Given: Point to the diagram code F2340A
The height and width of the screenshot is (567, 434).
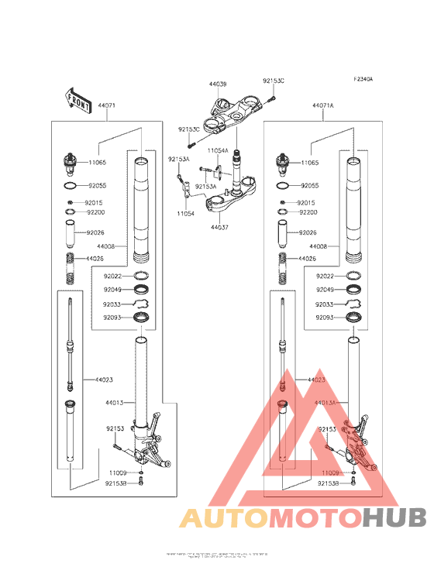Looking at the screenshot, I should (x=363, y=79).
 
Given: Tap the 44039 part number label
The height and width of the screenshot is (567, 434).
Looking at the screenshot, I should (x=217, y=83).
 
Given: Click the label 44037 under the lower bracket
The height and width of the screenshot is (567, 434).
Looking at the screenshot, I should (x=219, y=228).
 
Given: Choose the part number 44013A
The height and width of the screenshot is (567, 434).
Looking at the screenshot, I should (x=325, y=403).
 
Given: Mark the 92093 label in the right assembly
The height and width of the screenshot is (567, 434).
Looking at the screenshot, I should (x=325, y=318).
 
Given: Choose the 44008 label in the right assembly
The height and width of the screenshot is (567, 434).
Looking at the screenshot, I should (x=325, y=246).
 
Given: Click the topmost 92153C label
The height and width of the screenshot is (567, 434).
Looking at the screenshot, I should (x=273, y=81).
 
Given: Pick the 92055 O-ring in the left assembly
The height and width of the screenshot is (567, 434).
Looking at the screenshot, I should (x=70, y=187).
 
